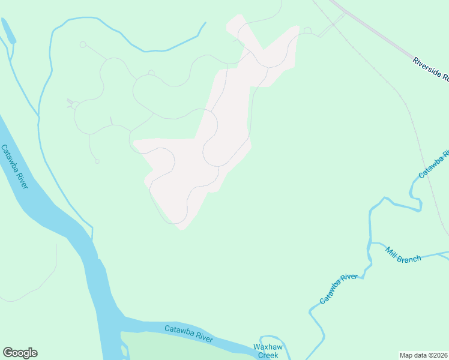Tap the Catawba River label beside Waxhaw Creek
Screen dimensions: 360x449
click(188, 334)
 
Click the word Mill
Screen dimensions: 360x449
click(393, 252)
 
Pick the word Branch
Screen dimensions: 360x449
click(411, 259)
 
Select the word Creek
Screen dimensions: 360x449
click(267, 355)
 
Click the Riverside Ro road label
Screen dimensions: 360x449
click(430, 68)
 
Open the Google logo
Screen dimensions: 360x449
click(20, 353)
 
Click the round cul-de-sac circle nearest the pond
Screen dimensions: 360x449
click(83, 44)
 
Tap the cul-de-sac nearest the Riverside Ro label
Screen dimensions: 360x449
click(307, 30)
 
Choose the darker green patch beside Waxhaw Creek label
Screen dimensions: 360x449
click(180, 348)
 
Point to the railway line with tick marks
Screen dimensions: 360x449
click(396, 90)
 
